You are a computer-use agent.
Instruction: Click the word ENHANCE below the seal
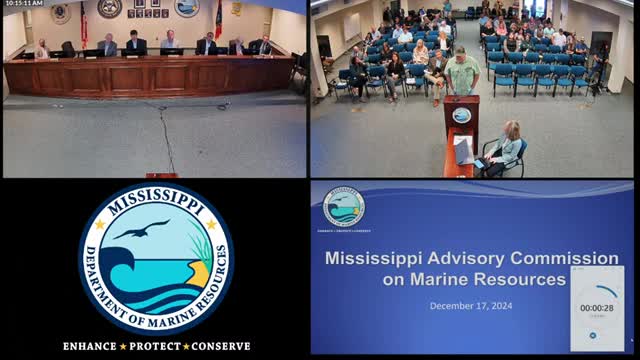click(x=94, y=346)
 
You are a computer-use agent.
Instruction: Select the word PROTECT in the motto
click(x=157, y=346)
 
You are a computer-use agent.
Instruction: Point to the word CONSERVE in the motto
click(x=220, y=346)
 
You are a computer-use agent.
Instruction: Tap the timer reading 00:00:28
click(x=596, y=308)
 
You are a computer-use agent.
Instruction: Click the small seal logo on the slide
click(x=344, y=207)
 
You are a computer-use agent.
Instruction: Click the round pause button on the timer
click(x=593, y=334)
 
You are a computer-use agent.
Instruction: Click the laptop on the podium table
click(x=464, y=150)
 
